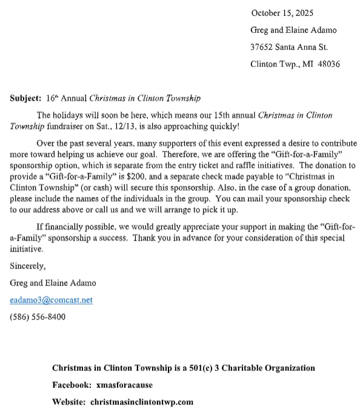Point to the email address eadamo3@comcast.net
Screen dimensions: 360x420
tap(52, 300)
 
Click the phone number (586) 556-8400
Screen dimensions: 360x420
tap(38, 317)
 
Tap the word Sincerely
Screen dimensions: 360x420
tap(28, 265)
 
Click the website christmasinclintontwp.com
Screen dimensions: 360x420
tap(141, 402)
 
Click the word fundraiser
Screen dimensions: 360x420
tap(67, 126)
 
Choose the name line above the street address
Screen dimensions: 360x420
tap(293, 30)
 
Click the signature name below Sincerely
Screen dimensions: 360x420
tap(53, 283)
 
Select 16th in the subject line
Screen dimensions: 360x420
tap(53, 98)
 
